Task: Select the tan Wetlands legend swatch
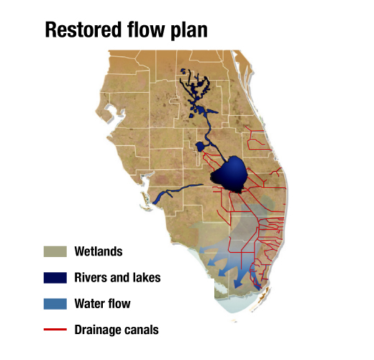click(55, 251)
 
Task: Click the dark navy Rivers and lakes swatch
click(55, 277)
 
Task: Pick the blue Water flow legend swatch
click(55, 303)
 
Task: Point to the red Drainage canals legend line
click(55, 330)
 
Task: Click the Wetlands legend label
click(98, 252)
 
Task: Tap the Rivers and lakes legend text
click(117, 278)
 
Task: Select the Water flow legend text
click(102, 304)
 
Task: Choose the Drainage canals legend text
click(116, 330)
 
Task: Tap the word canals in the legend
click(142, 330)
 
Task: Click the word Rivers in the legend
click(89, 278)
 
